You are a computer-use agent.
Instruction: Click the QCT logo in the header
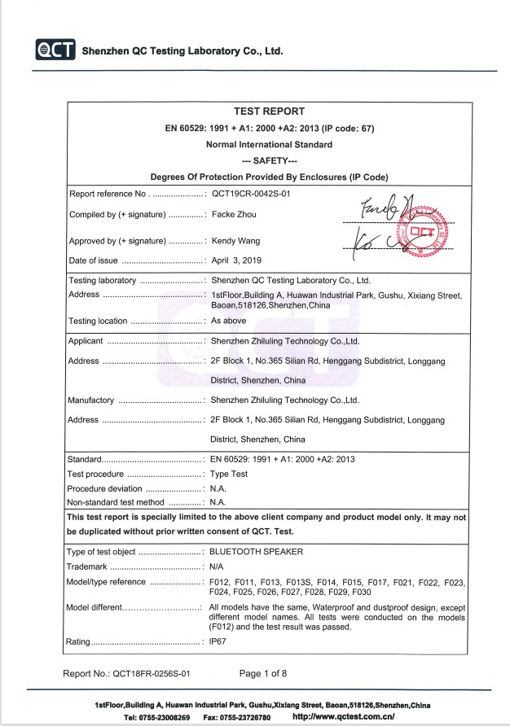tap(55, 50)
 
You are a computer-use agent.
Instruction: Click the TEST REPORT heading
tap(269, 112)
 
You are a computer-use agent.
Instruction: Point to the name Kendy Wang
tap(235, 242)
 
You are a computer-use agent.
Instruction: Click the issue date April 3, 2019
tap(235, 261)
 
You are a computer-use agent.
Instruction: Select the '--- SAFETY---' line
tap(269, 161)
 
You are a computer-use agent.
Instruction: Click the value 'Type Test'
tap(231, 474)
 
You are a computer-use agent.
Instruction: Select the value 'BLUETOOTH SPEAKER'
tap(256, 552)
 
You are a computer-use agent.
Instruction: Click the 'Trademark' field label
tap(86, 566)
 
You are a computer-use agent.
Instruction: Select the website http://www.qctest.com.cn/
tap(343, 717)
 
